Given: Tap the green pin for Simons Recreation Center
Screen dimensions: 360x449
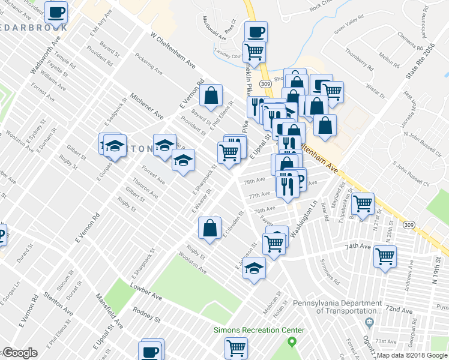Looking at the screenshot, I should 292,342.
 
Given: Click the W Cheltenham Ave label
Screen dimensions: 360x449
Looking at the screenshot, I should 173,56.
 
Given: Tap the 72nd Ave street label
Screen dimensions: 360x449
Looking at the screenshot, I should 400,309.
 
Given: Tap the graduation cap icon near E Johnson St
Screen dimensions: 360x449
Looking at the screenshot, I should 254,267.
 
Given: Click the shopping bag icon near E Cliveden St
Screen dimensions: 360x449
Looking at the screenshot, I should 209,228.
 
